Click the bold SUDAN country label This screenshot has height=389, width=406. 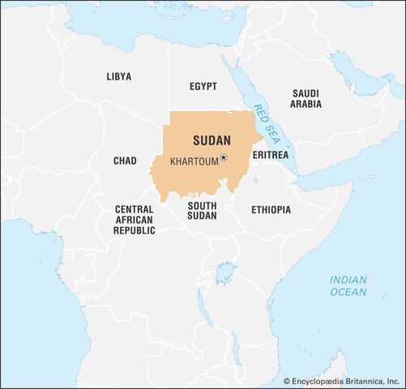212,140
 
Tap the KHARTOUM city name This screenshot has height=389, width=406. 194,161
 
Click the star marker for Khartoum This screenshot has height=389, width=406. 224,158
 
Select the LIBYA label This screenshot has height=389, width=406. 118,76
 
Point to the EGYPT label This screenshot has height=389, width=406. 203,85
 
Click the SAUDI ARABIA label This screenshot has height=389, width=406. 306,99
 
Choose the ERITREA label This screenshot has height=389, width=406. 270,155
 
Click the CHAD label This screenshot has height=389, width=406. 125,160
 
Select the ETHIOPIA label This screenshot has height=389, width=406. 271,209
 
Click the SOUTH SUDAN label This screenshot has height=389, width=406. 202,211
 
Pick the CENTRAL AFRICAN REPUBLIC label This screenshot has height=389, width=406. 135,220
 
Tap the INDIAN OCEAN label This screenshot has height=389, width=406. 348,286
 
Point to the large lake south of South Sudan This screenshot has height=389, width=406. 226,273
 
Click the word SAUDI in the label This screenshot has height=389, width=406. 306,93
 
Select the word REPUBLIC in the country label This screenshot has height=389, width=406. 135,230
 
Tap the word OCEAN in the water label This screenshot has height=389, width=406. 348,292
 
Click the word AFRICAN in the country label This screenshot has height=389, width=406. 135,220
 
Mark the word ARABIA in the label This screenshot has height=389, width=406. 306,105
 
